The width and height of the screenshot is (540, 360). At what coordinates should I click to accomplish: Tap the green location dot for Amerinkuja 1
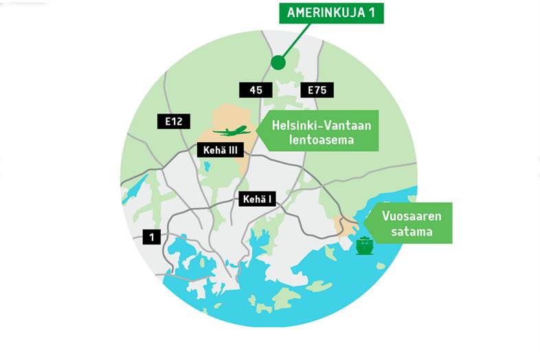click(278, 63)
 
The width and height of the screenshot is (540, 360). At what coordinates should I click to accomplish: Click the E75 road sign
click(317, 89)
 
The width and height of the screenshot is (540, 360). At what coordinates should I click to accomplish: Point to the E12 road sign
click(173, 122)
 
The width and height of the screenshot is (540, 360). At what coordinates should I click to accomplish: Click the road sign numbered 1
click(152, 237)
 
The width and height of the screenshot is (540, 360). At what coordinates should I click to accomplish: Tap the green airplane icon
click(230, 130)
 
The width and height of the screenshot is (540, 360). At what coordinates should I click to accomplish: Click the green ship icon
click(363, 245)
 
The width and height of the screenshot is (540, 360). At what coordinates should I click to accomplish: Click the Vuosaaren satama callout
click(410, 223)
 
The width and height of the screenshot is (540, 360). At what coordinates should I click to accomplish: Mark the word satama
click(412, 232)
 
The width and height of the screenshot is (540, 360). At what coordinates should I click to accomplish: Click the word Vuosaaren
click(412, 216)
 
